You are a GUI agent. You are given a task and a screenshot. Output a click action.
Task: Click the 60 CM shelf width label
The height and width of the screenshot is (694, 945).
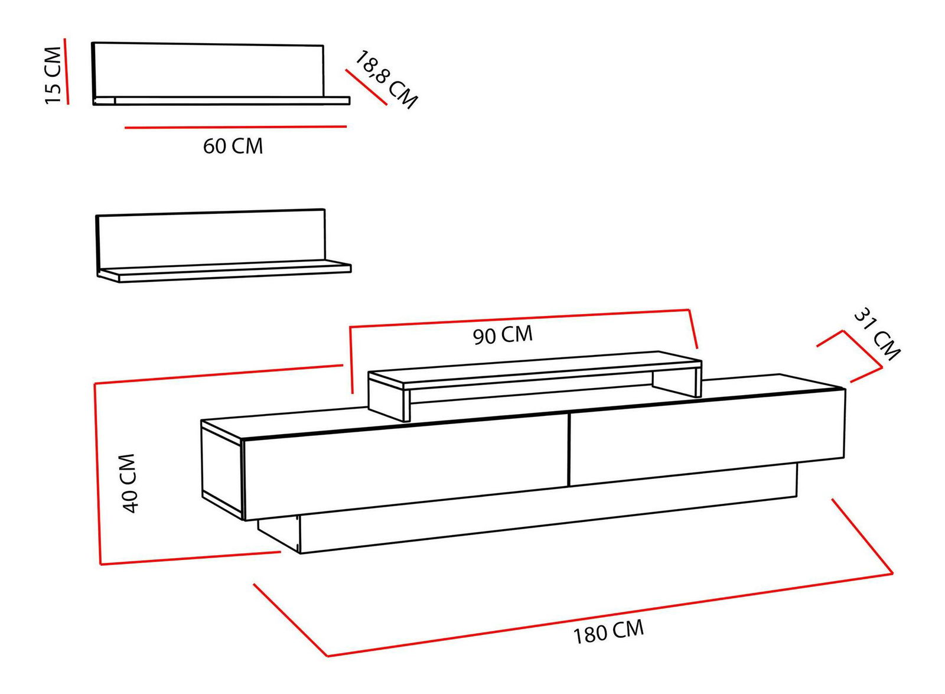coord(233,146)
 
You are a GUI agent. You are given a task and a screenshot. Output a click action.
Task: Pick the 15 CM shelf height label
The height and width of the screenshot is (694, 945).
coord(54,75)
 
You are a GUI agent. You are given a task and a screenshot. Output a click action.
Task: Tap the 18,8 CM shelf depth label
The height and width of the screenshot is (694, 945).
coord(385,79)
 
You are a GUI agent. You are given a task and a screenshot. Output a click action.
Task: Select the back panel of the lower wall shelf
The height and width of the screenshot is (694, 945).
coord(210,240)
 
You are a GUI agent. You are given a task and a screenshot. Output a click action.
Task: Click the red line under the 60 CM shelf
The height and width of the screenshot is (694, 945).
coord(236,126)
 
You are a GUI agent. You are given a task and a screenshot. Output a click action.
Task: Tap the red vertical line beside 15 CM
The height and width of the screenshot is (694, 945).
coord(66,71)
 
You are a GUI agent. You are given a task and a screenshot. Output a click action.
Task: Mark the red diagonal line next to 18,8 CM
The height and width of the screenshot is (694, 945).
coord(366,87)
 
